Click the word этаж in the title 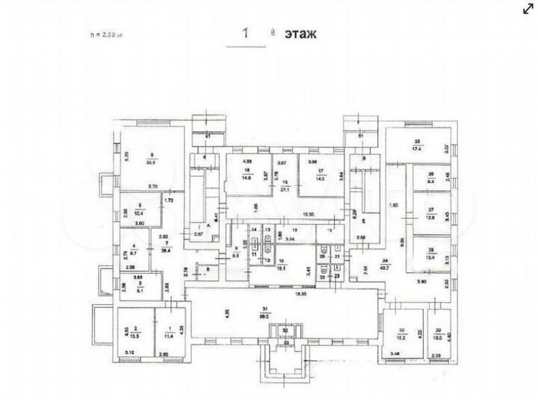pos(300,34)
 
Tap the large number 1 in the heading pos(245,34)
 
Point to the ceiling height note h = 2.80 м pos(105,34)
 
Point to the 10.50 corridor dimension pos(285,215)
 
